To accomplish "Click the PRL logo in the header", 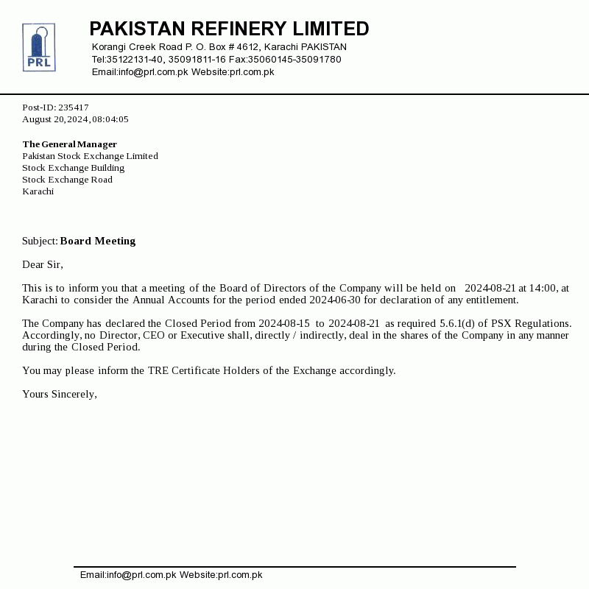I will (39, 47).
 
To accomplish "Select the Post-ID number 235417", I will (74, 107).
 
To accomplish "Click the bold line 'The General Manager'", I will (70, 144).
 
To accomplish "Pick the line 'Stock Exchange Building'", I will (73, 168).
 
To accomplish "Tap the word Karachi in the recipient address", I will (38, 191).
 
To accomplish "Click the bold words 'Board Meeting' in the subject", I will (98, 241).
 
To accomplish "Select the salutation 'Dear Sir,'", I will (43, 264).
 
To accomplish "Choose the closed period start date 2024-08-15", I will (284, 323).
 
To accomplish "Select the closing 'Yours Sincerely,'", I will (60, 394).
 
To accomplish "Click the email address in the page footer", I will (128, 575).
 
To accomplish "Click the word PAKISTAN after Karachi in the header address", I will (324, 47).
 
